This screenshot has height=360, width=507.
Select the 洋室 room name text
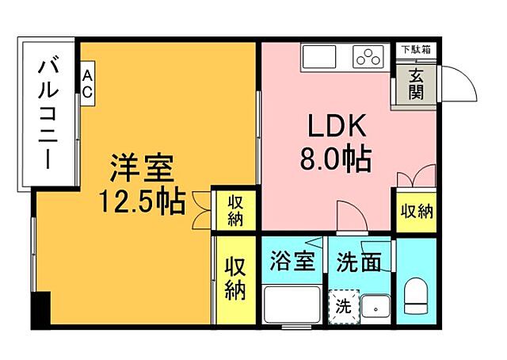[x=141, y=169]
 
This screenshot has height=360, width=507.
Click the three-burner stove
[x=369, y=56]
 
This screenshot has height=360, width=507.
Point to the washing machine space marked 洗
[x=343, y=305]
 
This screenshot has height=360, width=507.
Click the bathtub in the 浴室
[x=289, y=304]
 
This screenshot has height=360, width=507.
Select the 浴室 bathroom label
[x=292, y=262]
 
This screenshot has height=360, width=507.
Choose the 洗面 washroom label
[x=357, y=262]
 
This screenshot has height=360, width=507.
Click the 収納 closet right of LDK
[x=415, y=212]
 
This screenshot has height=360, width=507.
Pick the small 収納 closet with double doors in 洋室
[x=235, y=210]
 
